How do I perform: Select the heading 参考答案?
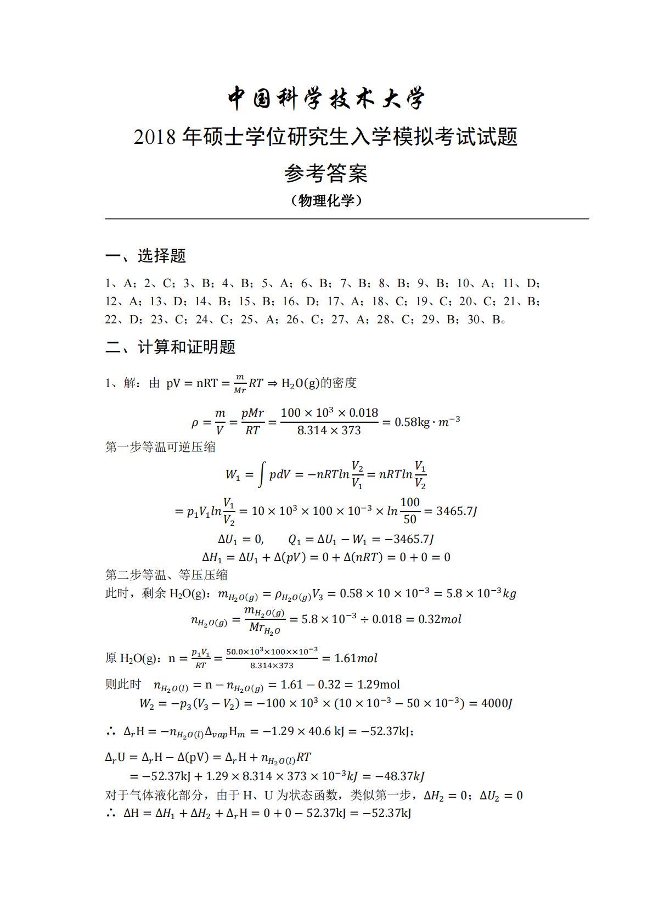coord(326,173)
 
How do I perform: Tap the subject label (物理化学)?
coord(326,201)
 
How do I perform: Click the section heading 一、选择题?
coord(145,256)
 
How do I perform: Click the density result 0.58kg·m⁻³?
coord(427,422)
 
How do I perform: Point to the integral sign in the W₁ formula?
coord(262,474)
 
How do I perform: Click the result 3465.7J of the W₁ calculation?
coord(457,511)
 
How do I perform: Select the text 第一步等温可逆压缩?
coord(160,447)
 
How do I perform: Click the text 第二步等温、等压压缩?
coord(166,575)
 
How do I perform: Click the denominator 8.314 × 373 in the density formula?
coord(329,430)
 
